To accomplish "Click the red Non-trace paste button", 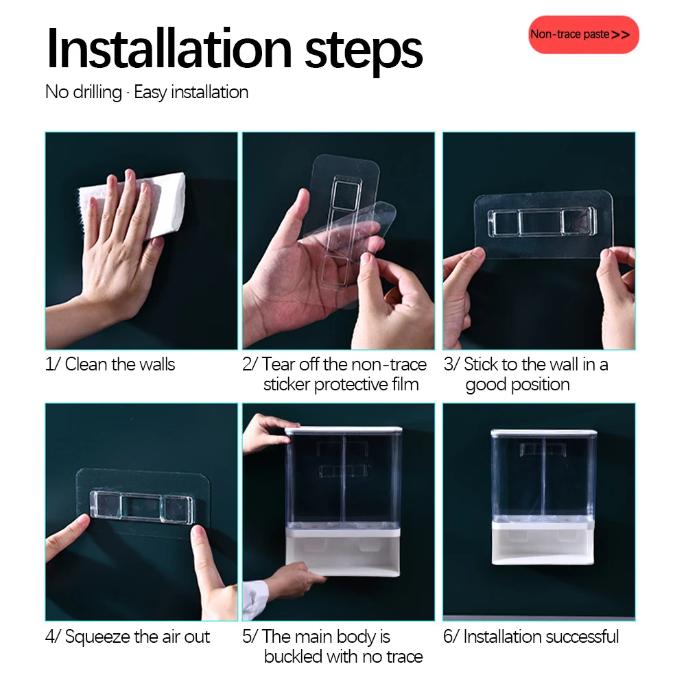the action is click(583, 34).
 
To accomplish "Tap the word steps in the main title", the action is click(363, 52).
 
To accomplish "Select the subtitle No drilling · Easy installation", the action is click(147, 93).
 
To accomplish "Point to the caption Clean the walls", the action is click(120, 364).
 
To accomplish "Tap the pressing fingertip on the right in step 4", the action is click(199, 534).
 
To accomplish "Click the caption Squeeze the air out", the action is click(137, 637).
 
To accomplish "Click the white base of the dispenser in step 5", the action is click(343, 552).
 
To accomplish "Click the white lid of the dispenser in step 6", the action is click(544, 433).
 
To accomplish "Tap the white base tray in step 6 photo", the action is click(543, 543).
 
